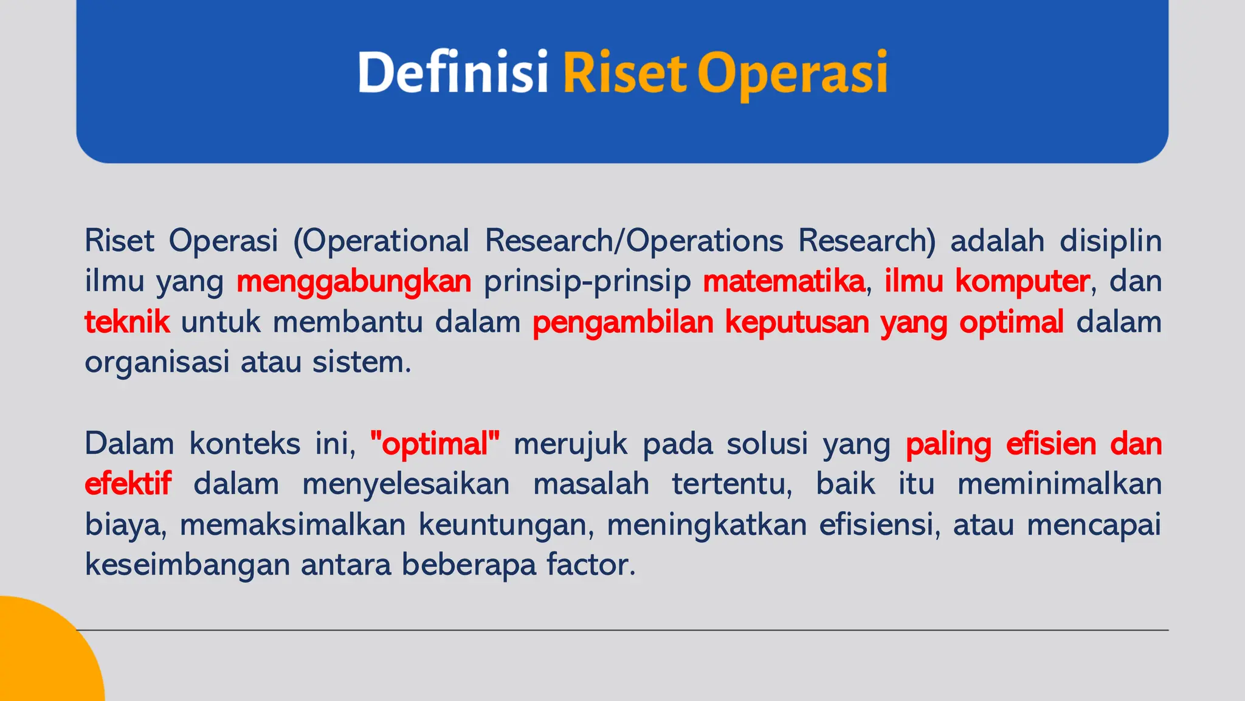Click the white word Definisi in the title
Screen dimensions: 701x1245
[453, 72]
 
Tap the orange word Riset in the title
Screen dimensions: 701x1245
[625, 72]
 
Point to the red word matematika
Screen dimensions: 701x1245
[784, 281]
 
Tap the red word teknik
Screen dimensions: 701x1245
[127, 322]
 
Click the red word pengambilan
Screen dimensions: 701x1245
[622, 323]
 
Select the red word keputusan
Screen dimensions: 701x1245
[797, 323]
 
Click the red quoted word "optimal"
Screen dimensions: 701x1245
[435, 444]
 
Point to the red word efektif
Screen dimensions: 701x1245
[128, 484]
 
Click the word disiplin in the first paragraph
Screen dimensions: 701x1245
[1111, 241]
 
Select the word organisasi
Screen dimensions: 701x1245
[156, 363]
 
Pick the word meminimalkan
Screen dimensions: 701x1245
[1059, 484]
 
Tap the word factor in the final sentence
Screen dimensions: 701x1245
[590, 565]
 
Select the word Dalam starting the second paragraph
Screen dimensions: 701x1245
[129, 444]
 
